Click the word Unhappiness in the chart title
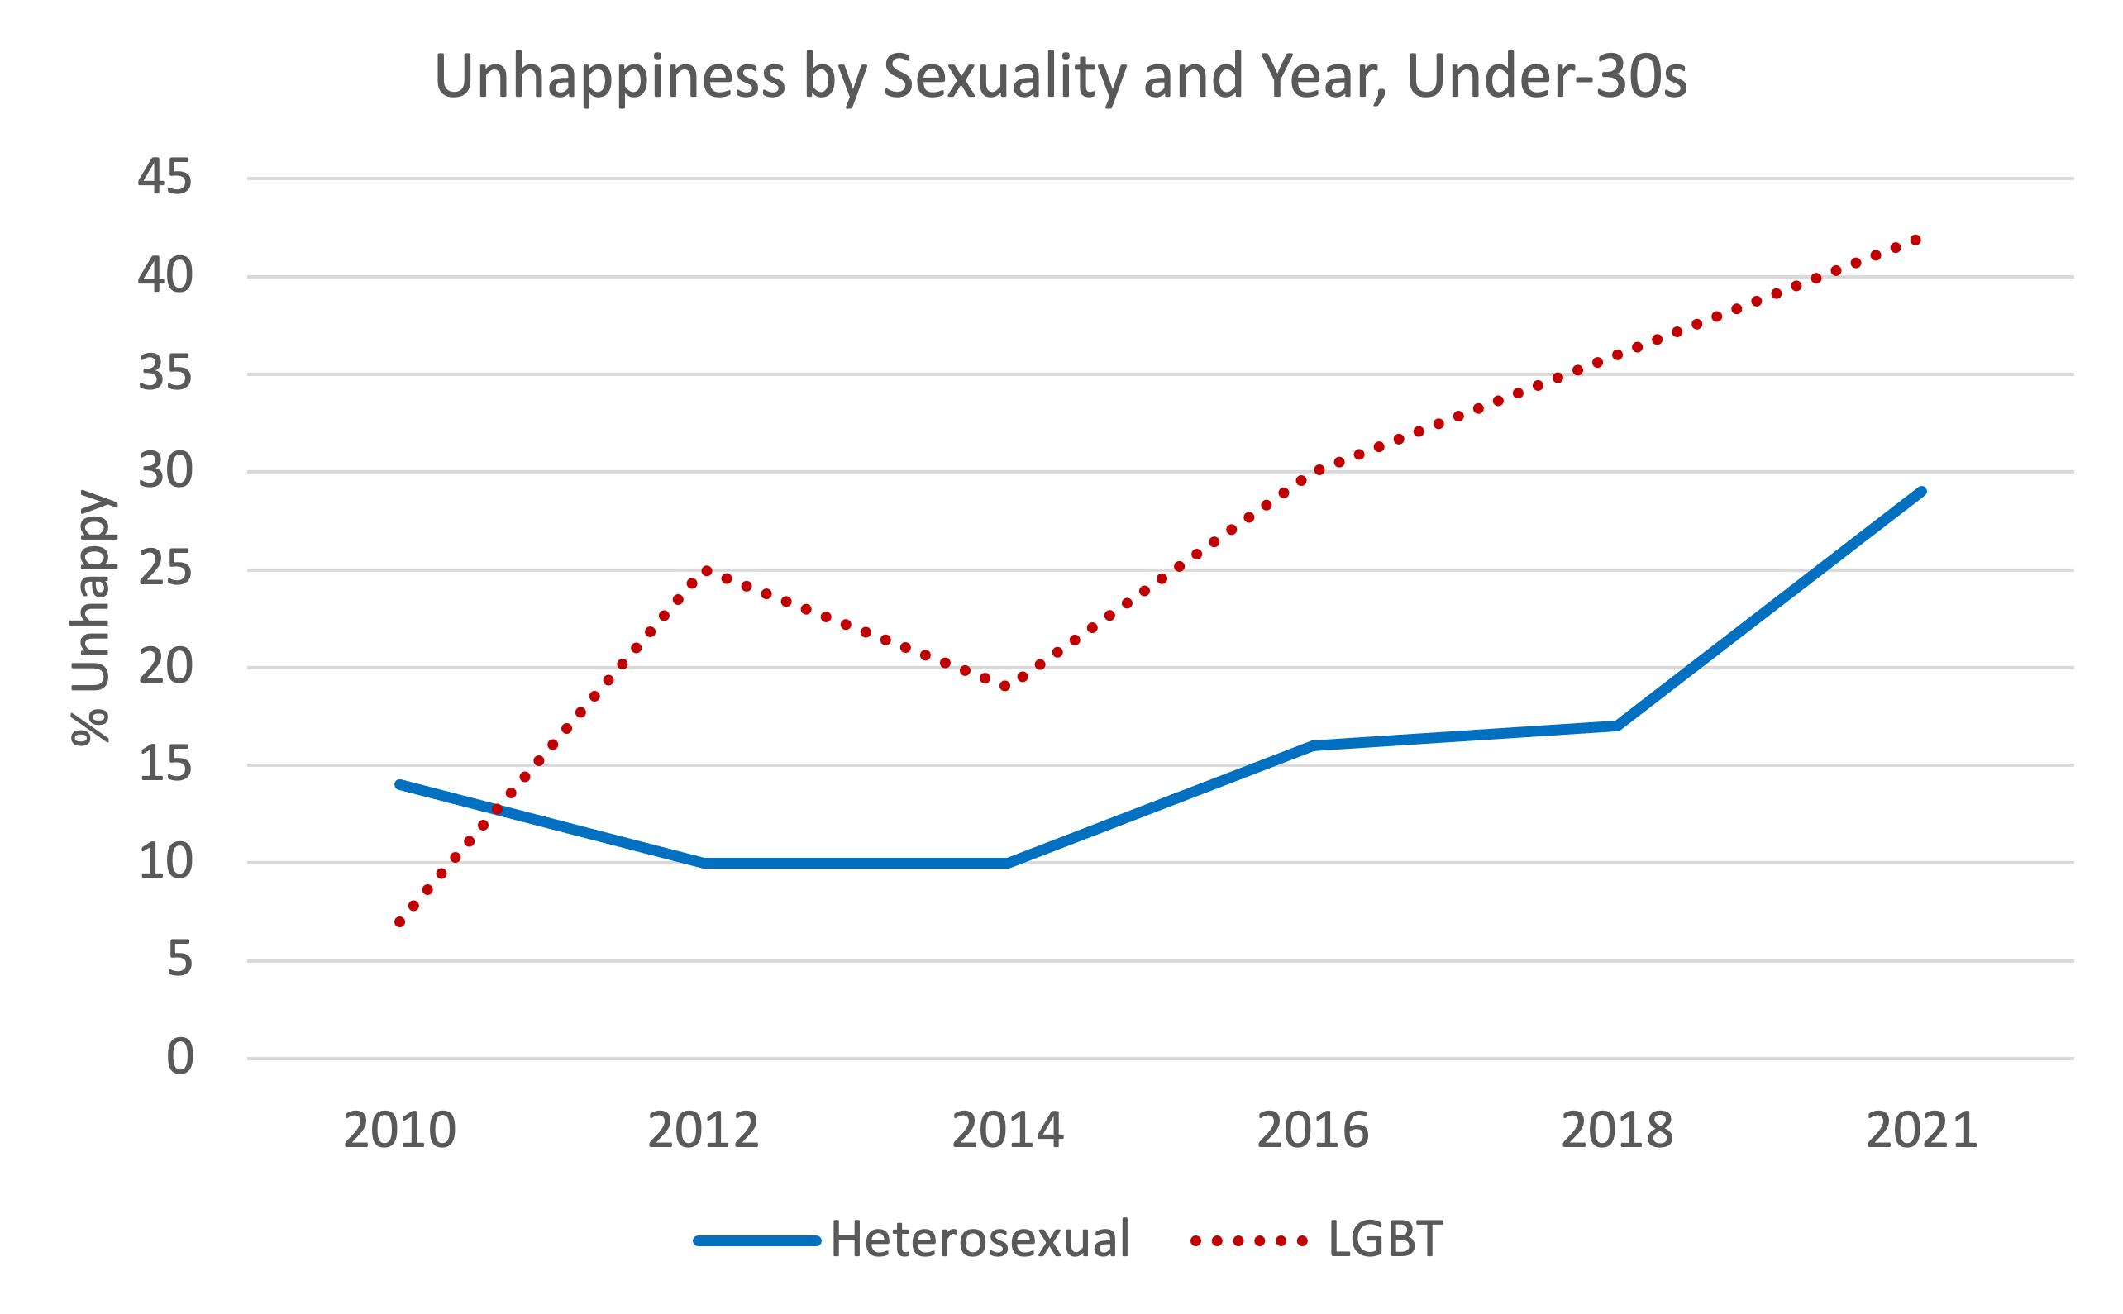tap(608, 77)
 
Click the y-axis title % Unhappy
tap(90, 618)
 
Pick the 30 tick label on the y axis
tap(165, 471)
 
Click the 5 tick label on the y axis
tap(179, 959)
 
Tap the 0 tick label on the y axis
tap(179, 1058)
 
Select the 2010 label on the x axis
tap(399, 1131)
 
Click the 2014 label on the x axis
tap(1008, 1131)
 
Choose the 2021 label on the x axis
tap(1921, 1131)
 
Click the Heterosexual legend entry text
tap(979, 1240)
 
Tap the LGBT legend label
tap(1384, 1240)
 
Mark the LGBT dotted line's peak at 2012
tap(706, 571)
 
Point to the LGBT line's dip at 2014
tap(1006, 687)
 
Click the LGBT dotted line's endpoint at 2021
tap(1915, 240)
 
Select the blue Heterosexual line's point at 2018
tap(1616, 726)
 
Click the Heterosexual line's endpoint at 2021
tap(1921, 492)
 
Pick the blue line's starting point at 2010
tap(399, 785)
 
